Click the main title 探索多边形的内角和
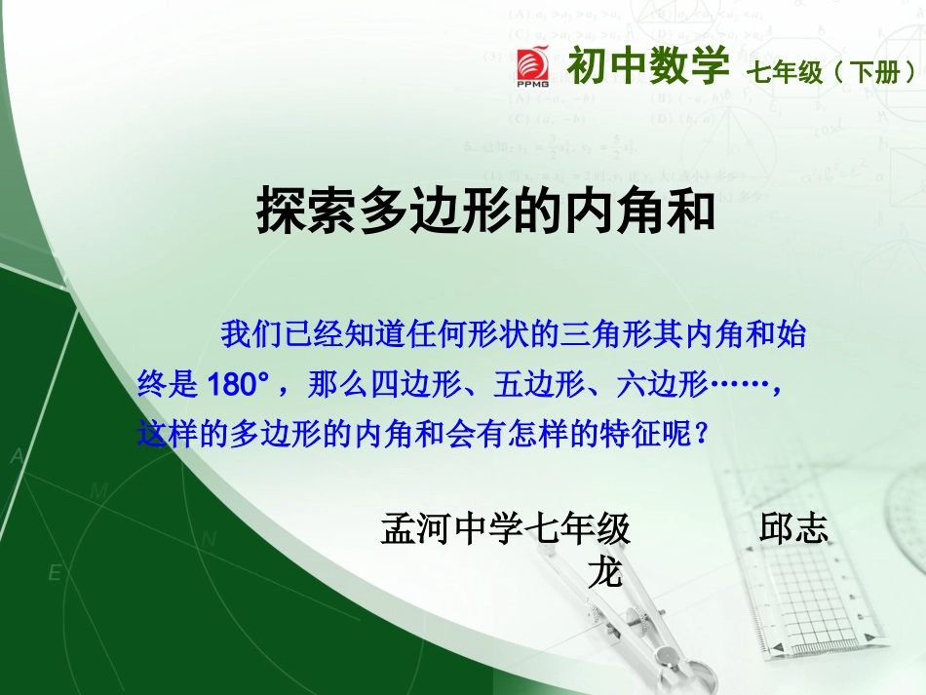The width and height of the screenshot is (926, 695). pyautogui.click(x=486, y=212)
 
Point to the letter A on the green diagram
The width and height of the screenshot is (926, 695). pyautogui.click(x=18, y=456)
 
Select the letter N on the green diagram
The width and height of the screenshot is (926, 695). pyautogui.click(x=209, y=539)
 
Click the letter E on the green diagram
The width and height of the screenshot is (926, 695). pyautogui.click(x=56, y=573)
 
